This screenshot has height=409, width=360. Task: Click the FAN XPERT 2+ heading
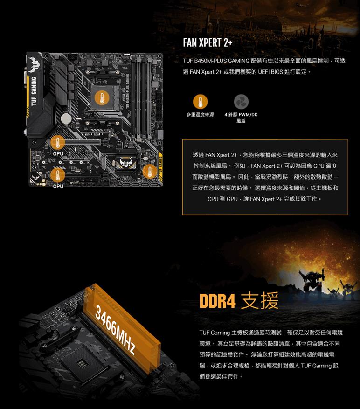[x=208, y=43]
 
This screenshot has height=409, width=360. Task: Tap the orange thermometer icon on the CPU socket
[x=102, y=98]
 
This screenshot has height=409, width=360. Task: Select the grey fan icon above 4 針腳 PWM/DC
[x=241, y=102]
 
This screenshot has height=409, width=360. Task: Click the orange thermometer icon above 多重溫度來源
[x=201, y=102]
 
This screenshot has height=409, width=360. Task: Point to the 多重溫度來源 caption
[x=200, y=115]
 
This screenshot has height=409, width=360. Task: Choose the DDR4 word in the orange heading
[x=218, y=301]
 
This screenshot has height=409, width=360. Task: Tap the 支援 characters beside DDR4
[x=260, y=301]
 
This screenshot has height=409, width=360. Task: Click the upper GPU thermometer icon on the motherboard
[x=58, y=142]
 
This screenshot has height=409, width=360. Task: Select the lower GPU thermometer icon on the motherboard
[x=58, y=175]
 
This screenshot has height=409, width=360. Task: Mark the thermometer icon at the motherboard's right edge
[x=150, y=171]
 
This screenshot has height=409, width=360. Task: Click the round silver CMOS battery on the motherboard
[x=66, y=118]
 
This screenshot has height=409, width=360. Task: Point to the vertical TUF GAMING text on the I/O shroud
[x=34, y=91]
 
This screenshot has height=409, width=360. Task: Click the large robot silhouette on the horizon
[x=312, y=282]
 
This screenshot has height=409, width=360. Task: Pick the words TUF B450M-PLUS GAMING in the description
[x=216, y=61]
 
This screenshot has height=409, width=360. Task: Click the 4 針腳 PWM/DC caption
[x=241, y=118]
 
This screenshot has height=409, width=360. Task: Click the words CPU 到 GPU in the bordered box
[x=222, y=199]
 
